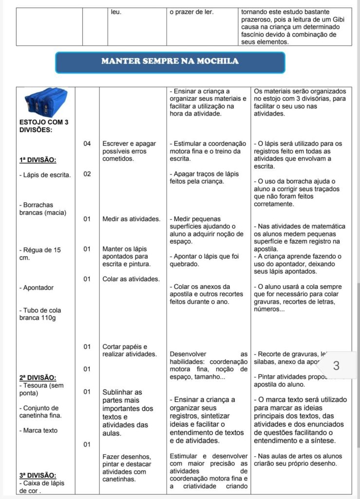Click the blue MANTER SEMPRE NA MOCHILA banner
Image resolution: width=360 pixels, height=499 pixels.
click(170, 62)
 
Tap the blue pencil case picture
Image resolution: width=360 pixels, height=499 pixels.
click(46, 103)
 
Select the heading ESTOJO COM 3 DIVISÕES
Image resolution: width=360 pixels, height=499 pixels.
click(43, 126)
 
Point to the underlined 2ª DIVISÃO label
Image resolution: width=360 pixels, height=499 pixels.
click(38, 377)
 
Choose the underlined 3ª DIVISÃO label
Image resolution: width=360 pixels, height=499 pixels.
click(38, 475)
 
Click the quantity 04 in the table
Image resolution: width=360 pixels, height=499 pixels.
click(87, 143)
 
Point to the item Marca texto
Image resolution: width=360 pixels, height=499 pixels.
click(38, 430)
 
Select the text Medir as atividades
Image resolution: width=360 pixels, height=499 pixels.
click(131, 219)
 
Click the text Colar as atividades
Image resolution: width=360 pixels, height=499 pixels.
click(131, 279)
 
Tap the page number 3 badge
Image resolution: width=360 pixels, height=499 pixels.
click(336, 365)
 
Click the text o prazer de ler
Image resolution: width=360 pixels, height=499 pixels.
click(191, 12)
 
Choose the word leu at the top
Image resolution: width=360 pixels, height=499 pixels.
click(116, 12)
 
